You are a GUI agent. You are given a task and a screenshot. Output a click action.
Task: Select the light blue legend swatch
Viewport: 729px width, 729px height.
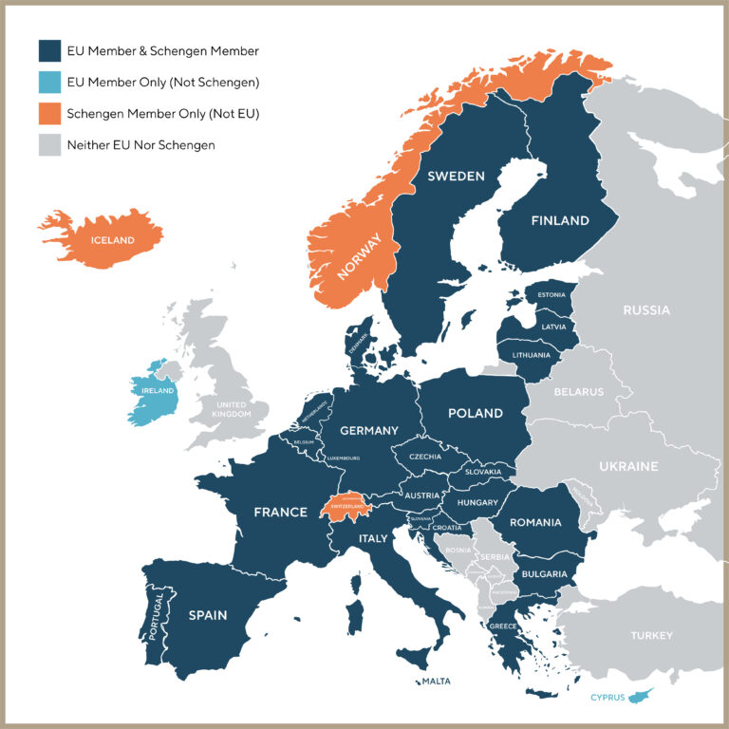tap(48, 82)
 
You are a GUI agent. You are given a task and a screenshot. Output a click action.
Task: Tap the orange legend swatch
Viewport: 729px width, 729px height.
tap(48, 114)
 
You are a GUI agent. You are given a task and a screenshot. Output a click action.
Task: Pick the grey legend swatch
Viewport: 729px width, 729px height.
tap(48, 146)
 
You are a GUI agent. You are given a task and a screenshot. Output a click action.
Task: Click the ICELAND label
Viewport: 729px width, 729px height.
tap(112, 240)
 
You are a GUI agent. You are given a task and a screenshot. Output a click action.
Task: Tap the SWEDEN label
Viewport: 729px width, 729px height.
tap(456, 177)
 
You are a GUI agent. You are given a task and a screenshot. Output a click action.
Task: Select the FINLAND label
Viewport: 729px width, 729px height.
tap(560, 220)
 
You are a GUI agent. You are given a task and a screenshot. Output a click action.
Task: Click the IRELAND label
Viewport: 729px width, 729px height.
tap(158, 390)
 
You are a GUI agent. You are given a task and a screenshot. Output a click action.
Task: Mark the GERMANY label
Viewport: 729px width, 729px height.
tap(369, 430)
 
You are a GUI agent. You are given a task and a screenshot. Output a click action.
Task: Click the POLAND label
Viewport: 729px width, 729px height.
tap(476, 414)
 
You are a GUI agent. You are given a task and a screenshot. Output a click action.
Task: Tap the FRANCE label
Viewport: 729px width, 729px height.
tap(280, 513)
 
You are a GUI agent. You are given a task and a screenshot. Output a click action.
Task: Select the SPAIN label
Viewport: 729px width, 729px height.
tap(207, 615)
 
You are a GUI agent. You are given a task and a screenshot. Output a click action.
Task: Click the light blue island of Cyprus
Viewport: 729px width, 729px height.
tap(648, 695)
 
